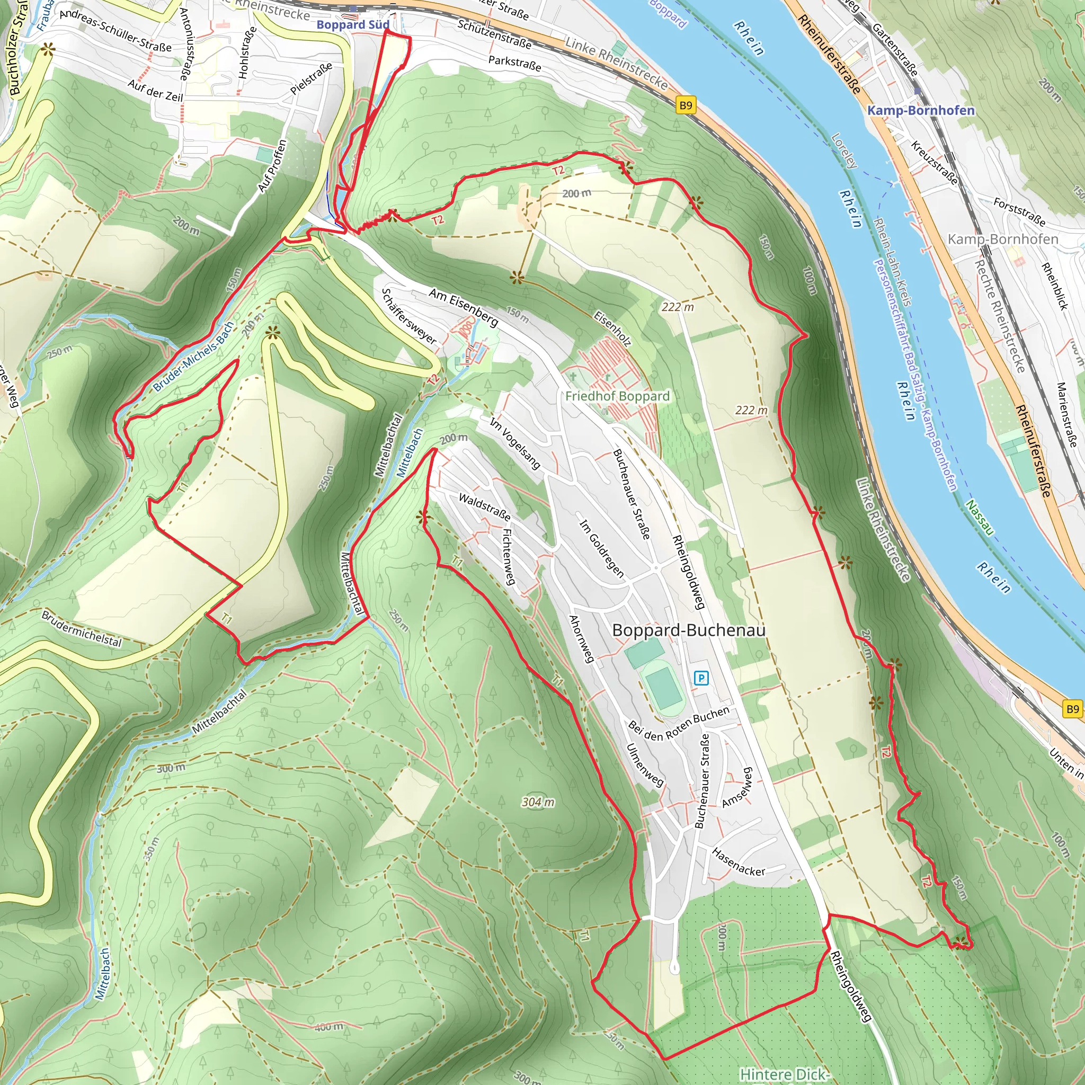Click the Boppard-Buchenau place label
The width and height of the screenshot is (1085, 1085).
(689, 630)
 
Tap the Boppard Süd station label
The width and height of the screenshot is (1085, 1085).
(353, 25)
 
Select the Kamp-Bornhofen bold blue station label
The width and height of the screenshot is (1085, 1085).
(921, 110)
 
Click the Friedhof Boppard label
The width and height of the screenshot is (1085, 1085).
(617, 396)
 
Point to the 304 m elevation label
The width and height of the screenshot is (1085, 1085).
(538, 802)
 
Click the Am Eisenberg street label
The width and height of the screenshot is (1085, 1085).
(464, 307)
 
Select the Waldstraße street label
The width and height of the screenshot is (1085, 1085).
(485, 506)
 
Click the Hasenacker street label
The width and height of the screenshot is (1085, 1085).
(738, 862)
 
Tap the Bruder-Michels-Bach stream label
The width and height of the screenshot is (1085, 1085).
(193, 357)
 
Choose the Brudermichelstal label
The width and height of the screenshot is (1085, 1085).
(82, 628)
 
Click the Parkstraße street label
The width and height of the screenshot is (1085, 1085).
(514, 64)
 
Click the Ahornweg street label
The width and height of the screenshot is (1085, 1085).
(581, 638)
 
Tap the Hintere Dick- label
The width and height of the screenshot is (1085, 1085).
(784, 1074)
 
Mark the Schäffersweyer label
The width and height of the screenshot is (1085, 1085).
(408, 316)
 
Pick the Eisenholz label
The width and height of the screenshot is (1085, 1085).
(612, 328)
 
